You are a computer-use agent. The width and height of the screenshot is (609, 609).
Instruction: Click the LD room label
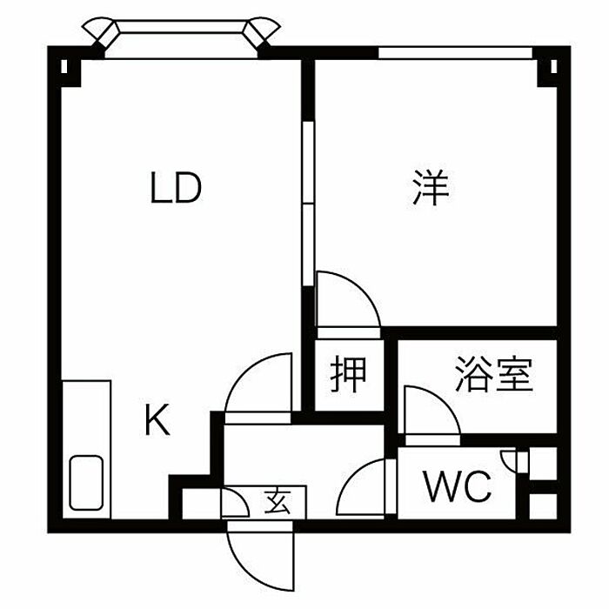(x=176, y=189)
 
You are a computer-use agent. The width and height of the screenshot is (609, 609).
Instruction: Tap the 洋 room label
(x=430, y=189)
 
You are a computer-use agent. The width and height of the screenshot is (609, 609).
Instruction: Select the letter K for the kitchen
(x=157, y=423)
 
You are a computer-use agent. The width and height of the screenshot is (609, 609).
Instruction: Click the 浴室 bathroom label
(x=492, y=375)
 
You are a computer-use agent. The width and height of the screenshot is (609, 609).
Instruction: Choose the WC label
(x=458, y=487)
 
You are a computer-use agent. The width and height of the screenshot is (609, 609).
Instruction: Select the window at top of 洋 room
(x=454, y=53)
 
